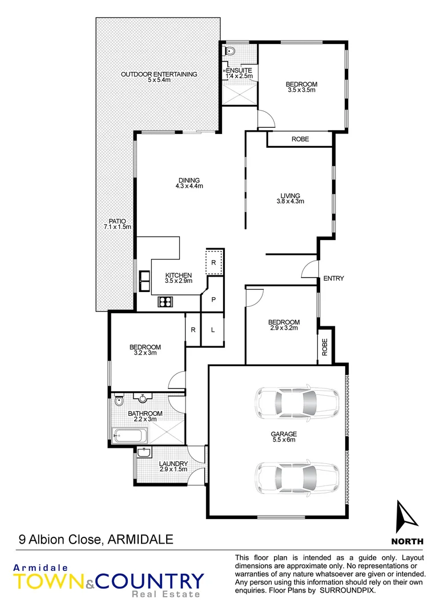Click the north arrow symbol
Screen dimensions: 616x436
407,516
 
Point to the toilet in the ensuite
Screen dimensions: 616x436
229,51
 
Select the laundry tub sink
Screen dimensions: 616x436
144,453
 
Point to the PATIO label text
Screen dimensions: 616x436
118,224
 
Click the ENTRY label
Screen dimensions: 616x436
334,278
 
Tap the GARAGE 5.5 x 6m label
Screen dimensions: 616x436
284,437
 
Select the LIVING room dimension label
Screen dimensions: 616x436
290,198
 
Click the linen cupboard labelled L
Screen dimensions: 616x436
213,330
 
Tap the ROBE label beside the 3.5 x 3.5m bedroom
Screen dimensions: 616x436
300,139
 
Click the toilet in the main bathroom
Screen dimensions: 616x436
118,400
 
